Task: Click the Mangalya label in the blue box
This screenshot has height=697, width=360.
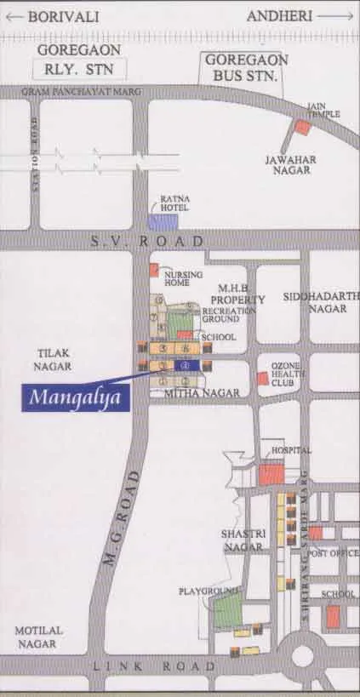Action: click(76, 397)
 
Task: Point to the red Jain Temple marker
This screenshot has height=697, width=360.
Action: click(302, 128)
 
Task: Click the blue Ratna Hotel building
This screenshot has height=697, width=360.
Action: click(163, 221)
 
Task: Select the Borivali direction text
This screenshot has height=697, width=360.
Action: click(65, 16)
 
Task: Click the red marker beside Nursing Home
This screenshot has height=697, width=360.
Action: click(154, 270)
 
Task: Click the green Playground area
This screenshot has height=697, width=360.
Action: click(227, 611)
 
